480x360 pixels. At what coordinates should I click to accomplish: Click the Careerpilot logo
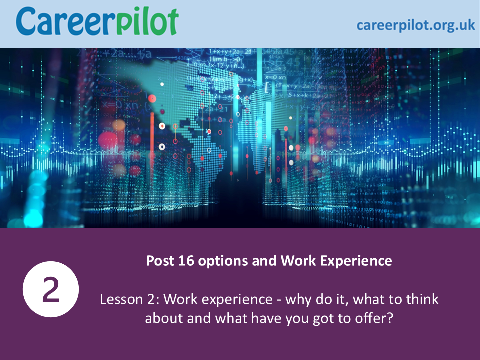click(x=97, y=21)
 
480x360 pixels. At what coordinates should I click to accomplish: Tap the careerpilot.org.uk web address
click(x=416, y=25)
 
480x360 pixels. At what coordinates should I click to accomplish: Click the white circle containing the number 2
click(x=51, y=289)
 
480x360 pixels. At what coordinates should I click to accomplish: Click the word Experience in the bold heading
click(x=356, y=261)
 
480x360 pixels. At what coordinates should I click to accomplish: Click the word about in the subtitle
click(x=164, y=318)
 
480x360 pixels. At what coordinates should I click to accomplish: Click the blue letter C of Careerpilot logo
click(x=25, y=21)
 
